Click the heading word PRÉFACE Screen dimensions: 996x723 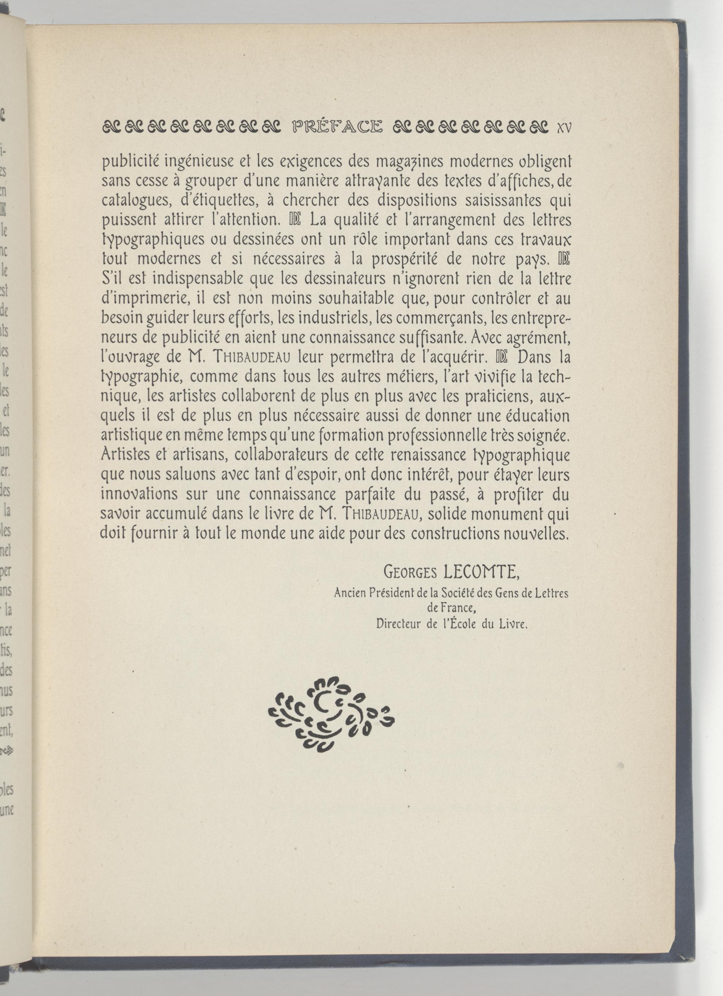(337, 127)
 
